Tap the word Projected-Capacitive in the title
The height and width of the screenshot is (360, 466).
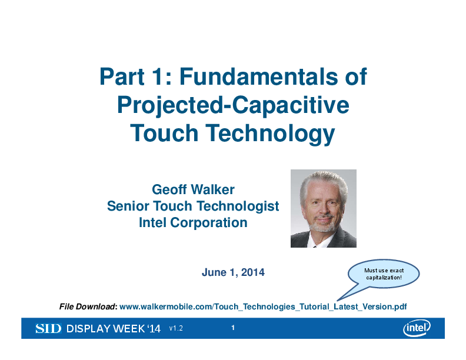233,105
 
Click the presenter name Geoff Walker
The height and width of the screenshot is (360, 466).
193,189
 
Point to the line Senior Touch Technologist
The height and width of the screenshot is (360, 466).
193,206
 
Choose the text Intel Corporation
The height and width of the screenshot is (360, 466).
193,223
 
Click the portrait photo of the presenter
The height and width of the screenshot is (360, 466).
324,208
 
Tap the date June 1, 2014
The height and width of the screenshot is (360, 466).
233,272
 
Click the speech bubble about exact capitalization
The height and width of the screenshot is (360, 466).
384,274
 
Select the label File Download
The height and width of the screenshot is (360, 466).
88,306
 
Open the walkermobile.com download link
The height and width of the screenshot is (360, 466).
263,306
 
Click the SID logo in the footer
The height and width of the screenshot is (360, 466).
48,329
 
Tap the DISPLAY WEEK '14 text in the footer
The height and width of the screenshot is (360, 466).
114,329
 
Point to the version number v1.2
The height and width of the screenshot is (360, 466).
176,329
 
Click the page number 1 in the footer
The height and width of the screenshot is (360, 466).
234,328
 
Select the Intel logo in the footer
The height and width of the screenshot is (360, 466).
417,328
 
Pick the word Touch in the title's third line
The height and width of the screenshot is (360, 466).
164,134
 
